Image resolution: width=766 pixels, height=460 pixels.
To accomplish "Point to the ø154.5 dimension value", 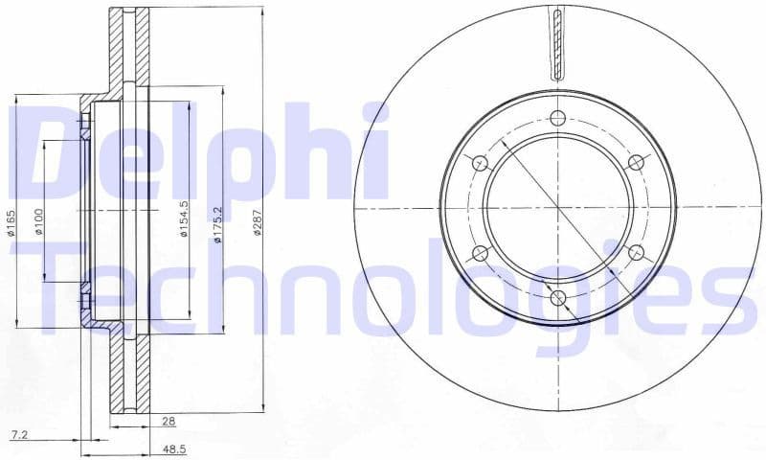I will coord(182,219).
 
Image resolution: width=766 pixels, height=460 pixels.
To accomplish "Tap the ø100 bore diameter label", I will coord(38,222).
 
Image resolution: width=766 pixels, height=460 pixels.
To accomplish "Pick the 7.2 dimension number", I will coord(16,435).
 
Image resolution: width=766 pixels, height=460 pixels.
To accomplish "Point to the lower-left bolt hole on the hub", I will coord(481,253).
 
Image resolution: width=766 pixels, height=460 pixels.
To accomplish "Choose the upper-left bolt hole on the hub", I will coord(481,162).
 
